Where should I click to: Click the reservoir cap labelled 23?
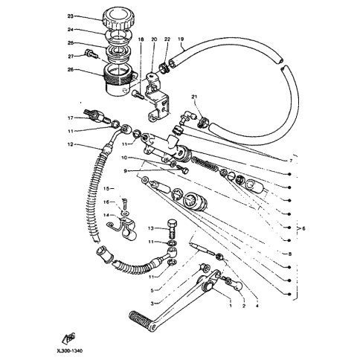point(118,19)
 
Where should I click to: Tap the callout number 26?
point(71,70)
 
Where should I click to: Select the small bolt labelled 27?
point(90,54)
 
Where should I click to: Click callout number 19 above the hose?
point(181,39)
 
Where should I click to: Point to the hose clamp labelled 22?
point(164,68)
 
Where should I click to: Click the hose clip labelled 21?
point(204,121)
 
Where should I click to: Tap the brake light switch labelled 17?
point(97,116)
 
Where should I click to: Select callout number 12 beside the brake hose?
point(71,144)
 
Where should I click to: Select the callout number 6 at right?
point(303,228)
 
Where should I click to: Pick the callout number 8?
point(290,254)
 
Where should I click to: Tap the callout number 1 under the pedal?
point(231,306)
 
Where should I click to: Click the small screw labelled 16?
point(125,204)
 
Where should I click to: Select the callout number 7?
point(291,161)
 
